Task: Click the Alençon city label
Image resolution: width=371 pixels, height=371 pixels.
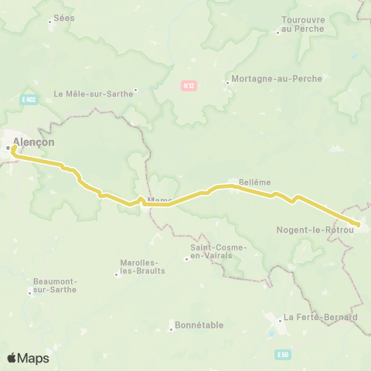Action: [34, 143]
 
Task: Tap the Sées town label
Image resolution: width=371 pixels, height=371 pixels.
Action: [60, 20]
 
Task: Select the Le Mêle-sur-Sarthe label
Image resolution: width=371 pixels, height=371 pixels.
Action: [90, 94]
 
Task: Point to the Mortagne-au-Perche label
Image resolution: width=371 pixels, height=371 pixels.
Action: [264, 80]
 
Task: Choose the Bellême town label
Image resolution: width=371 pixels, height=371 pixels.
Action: [255, 182]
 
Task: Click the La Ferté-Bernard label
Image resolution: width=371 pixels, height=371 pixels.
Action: [320, 317]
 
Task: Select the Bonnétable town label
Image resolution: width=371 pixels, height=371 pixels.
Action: [199, 325]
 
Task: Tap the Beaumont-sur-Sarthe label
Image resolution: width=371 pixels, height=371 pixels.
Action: [54, 286]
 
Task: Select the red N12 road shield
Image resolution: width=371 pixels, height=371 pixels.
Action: [189, 86]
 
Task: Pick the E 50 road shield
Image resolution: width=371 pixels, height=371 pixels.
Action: [283, 354]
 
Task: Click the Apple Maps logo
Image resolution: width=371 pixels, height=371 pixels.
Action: [28, 358]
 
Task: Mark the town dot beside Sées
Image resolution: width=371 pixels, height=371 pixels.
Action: [50, 21]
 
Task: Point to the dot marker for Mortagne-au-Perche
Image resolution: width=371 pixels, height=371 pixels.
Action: [226, 80]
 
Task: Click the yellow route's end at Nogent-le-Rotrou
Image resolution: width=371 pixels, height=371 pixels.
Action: [358, 224]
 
